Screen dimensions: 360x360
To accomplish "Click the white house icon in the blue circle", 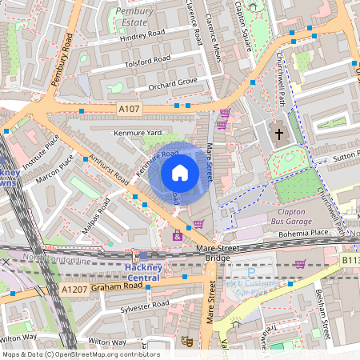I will (180, 173).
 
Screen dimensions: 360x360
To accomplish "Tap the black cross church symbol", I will (279, 134).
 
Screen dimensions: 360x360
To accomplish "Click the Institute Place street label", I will (41, 152).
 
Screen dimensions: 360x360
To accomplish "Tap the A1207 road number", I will (74, 289).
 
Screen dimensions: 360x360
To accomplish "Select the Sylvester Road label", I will (141, 306).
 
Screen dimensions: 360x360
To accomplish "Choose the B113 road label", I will (350, 260).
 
